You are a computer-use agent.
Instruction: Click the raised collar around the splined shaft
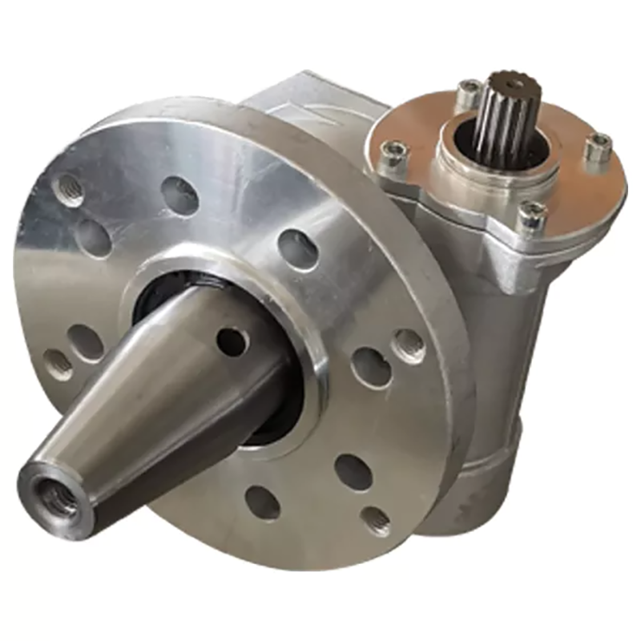(x=481, y=172)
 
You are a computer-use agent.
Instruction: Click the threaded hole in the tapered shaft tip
(x=58, y=498)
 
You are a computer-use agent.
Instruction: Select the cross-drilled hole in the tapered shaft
(x=232, y=342)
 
